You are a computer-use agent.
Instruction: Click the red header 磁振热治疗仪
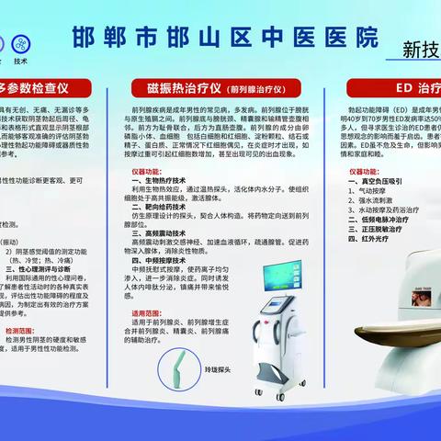[x=219, y=89]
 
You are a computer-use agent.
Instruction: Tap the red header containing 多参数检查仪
[x=46, y=89]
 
